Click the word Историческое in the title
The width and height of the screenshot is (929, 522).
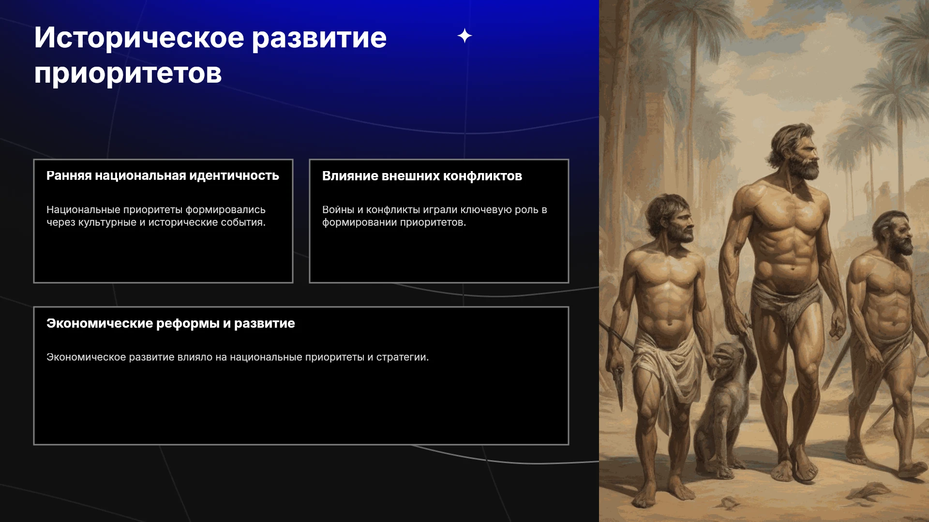139,38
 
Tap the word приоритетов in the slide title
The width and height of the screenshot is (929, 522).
128,74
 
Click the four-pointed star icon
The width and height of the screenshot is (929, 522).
464,36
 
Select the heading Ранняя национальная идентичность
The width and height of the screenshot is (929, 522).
163,175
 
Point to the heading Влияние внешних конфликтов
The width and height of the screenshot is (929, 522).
422,176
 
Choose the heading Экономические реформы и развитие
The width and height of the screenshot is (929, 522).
170,323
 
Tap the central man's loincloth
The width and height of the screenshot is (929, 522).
786,302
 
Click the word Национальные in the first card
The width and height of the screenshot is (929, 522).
83,210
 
